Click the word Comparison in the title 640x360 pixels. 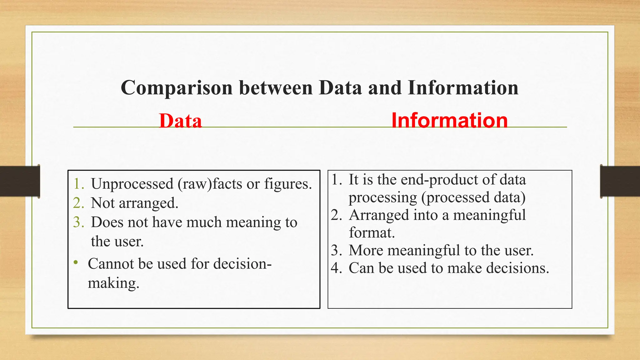pyautogui.click(x=177, y=88)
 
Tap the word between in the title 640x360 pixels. pyautogui.click(x=276, y=87)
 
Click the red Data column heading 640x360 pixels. pyautogui.click(x=180, y=121)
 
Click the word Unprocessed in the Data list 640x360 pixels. pyautogui.click(x=132, y=184)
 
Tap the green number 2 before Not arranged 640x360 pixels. pyautogui.click(x=77, y=203)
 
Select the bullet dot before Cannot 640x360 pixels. pyautogui.click(x=76, y=262)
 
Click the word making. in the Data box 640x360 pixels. pyautogui.click(x=113, y=283)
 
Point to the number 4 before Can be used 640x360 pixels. pyautogui.click(x=336, y=268)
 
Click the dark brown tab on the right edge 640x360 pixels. pyautogui.click(x=620, y=181)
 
